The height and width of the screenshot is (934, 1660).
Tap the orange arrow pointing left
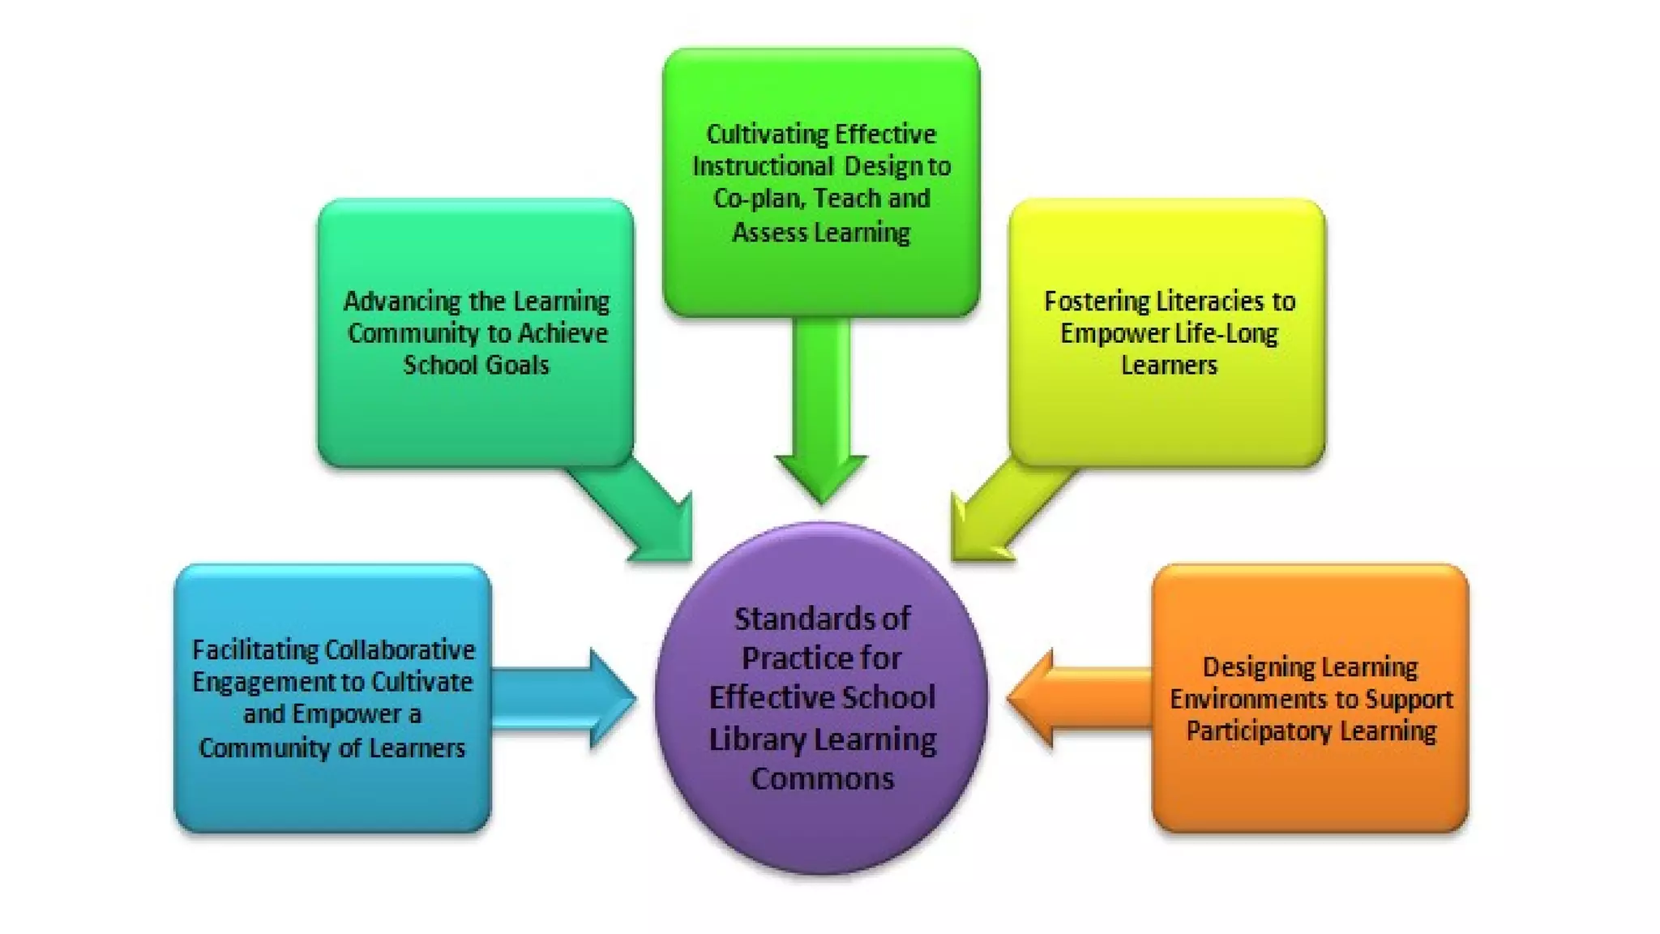(x=1078, y=698)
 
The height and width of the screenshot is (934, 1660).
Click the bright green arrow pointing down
(x=821, y=405)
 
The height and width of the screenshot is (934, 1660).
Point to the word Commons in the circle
(x=822, y=779)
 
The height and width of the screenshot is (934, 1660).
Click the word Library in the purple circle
(x=756, y=739)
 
